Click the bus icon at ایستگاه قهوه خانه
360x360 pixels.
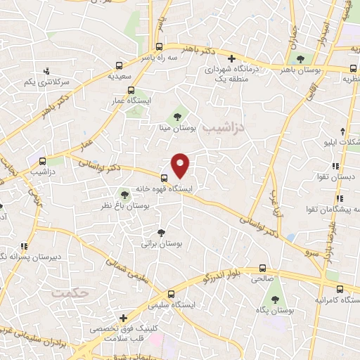point(164,178)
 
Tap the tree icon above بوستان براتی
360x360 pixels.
point(162,233)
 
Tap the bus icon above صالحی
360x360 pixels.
point(262,268)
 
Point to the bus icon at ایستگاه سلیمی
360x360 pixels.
point(171,295)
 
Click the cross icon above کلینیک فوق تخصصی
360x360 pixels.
point(125,318)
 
